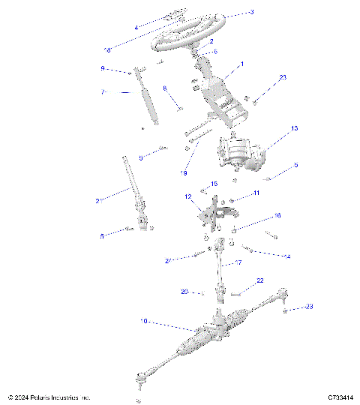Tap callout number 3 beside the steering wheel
click(x=252, y=13)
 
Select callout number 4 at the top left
click(x=136, y=28)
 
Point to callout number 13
click(x=294, y=129)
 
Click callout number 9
click(x=124, y=68)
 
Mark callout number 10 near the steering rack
click(x=143, y=320)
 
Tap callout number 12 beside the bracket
click(x=189, y=197)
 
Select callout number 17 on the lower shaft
click(x=239, y=263)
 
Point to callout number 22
click(x=260, y=280)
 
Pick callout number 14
click(x=286, y=256)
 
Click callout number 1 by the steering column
click(x=241, y=64)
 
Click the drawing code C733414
click(x=340, y=397)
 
